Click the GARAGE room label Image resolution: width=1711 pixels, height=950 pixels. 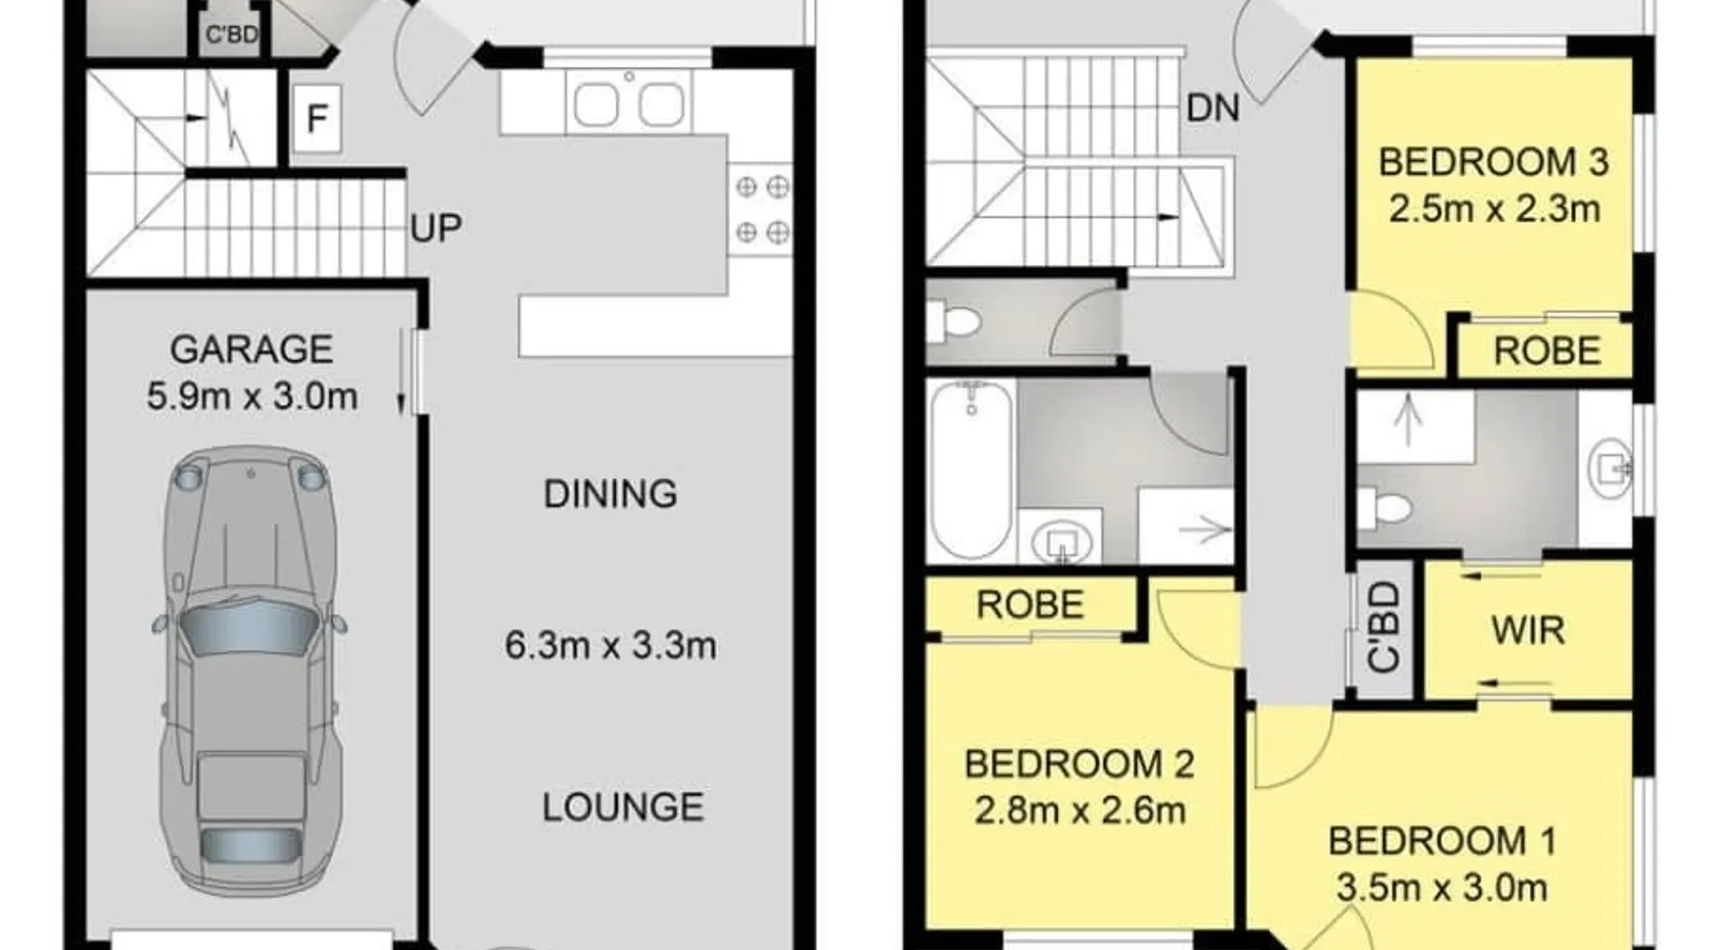coord(251,350)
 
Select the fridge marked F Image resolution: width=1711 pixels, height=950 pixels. coord(317,119)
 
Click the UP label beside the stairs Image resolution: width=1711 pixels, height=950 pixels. coord(436,229)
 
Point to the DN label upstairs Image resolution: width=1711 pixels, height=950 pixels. coord(1213,108)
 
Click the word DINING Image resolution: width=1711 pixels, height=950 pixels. coord(610,494)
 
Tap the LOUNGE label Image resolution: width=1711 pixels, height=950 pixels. coord(623,807)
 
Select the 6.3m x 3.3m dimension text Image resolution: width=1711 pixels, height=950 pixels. coord(610,646)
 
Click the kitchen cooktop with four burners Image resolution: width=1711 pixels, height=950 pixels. coord(761,209)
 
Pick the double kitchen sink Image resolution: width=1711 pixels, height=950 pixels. coord(628,103)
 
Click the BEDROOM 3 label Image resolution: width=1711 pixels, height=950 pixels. coord(1493,162)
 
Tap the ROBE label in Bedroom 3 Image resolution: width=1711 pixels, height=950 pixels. coord(1548,351)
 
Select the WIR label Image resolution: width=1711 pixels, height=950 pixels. coord(1528,631)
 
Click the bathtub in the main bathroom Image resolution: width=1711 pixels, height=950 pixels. coord(971,469)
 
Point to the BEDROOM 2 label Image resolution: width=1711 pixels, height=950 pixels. coord(1079,764)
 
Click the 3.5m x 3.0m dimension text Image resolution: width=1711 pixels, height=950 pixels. coord(1442,887)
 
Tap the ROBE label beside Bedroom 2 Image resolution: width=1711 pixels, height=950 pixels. coord(1030,605)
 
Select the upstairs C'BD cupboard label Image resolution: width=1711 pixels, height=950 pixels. coord(1383,628)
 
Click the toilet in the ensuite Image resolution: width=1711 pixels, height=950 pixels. coord(1383,510)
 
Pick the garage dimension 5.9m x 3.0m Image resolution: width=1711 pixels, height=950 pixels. coord(252,396)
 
